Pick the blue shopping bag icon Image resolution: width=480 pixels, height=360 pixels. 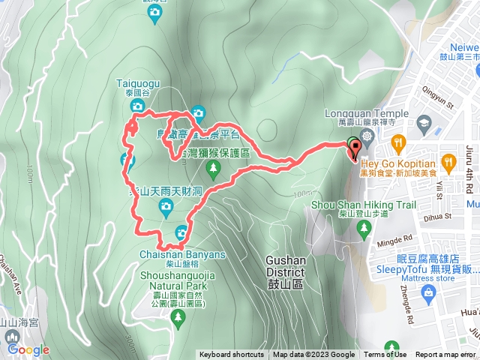pos(428,292)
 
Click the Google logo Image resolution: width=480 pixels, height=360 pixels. pos(28,349)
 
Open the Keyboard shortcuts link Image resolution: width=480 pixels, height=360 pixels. pos(232,355)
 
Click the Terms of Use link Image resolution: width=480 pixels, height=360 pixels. pos(385,355)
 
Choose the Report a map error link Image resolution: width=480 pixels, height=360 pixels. pos(445,355)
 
